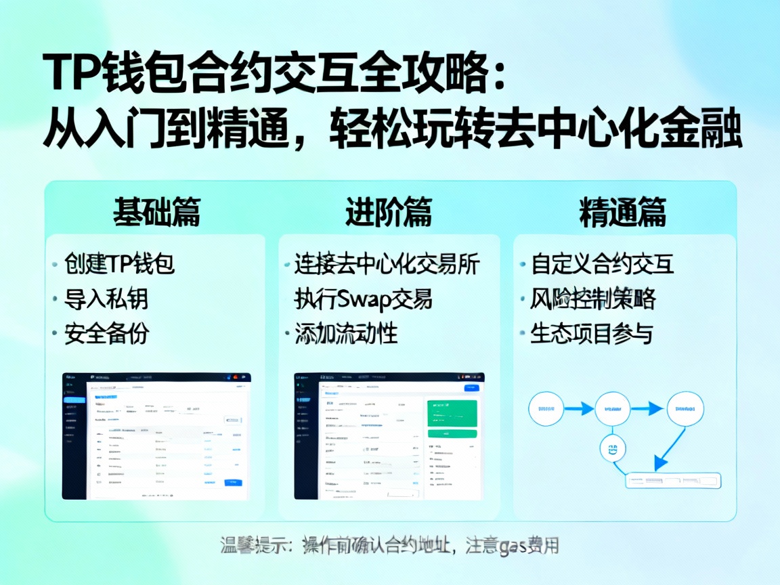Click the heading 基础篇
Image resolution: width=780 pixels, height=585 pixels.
[x=156, y=212]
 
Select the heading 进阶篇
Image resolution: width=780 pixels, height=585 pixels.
[x=389, y=212]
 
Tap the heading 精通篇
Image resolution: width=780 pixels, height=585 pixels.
[x=623, y=212]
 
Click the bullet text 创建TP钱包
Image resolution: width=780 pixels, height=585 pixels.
[x=120, y=263]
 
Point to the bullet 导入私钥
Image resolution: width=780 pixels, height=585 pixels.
[x=106, y=299]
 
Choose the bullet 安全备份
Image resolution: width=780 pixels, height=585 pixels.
[x=106, y=334]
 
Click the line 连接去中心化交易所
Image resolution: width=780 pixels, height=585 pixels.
[x=387, y=263]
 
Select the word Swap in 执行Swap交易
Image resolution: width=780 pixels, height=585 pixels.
[x=361, y=299]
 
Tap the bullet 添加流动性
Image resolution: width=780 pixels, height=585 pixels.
[x=346, y=334]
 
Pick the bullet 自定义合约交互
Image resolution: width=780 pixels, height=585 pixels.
[x=603, y=263]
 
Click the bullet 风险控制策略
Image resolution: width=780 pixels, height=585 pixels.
[x=593, y=299]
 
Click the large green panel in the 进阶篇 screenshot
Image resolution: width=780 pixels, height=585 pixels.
[x=452, y=412]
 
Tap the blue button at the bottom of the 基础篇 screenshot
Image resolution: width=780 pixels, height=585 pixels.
[x=233, y=482]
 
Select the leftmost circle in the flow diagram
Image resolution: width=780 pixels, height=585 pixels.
[x=546, y=408]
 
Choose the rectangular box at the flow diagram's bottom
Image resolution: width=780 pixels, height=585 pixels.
[x=672, y=481]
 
